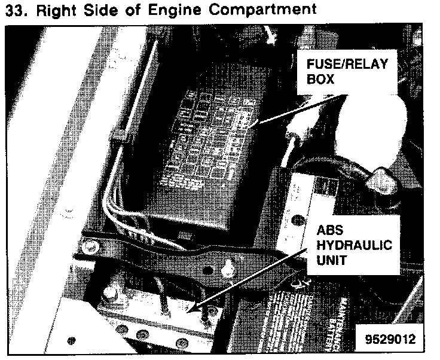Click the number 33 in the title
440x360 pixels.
coord(12,10)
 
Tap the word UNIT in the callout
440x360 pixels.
coord(331,262)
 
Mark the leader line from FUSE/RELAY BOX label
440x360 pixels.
coord(299,108)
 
